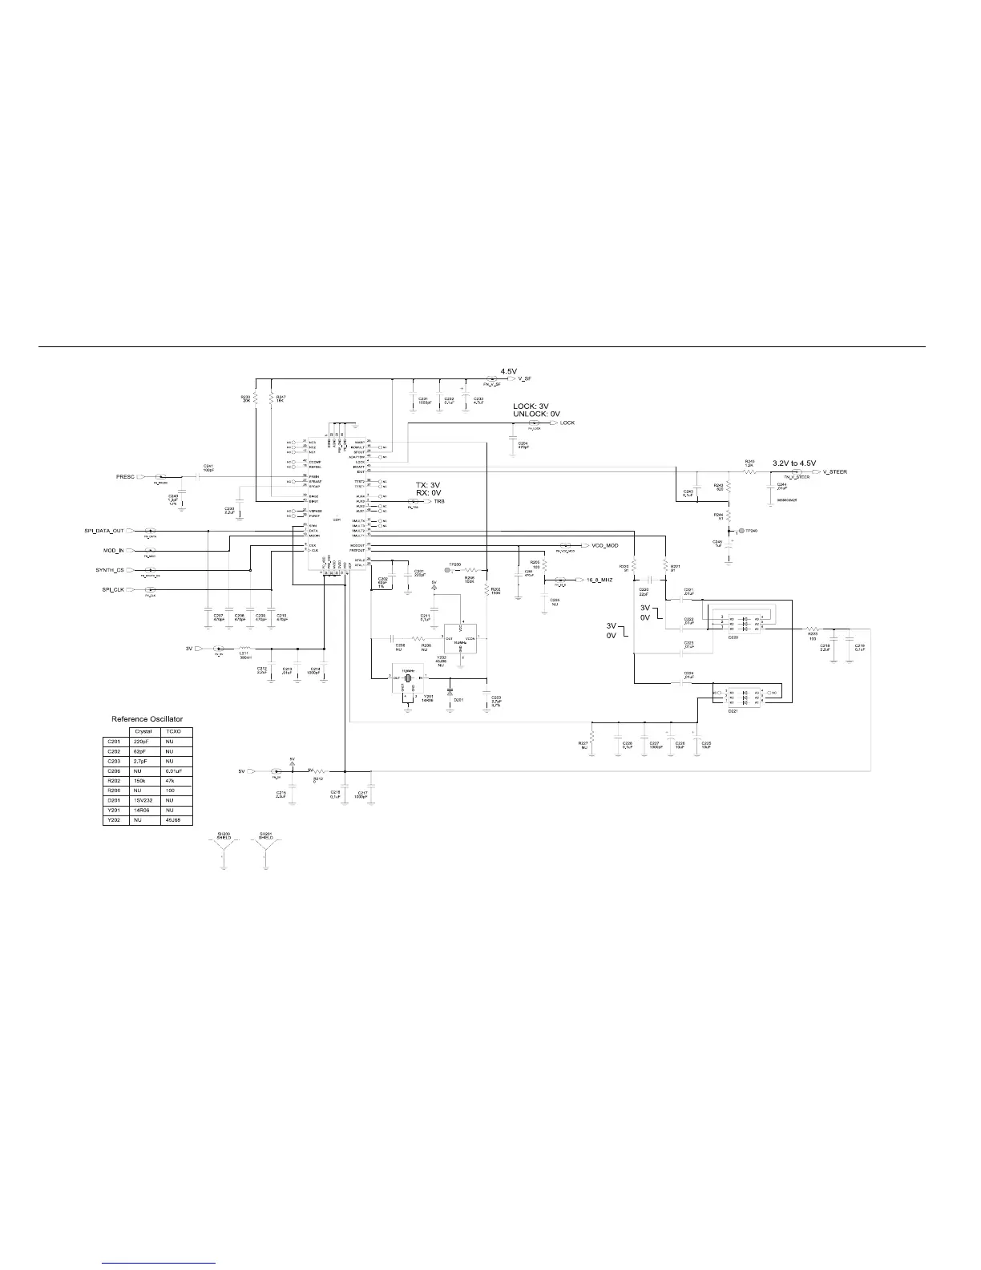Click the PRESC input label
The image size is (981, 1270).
click(x=126, y=477)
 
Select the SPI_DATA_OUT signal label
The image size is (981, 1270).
click(x=105, y=531)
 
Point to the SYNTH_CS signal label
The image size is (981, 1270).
click(x=110, y=570)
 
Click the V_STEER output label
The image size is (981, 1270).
click(x=834, y=472)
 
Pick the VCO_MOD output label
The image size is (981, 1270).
click(x=605, y=545)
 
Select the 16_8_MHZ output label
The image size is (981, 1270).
click(x=599, y=579)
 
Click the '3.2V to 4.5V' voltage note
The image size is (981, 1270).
click(x=793, y=463)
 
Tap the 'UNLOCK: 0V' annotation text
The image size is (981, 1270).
click(x=536, y=414)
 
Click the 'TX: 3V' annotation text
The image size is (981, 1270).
click(x=428, y=485)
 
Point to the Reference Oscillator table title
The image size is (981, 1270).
click(x=147, y=719)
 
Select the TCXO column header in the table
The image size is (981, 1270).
click(x=172, y=732)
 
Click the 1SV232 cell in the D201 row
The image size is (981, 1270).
click(x=143, y=799)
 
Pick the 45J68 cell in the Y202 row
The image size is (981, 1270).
click(x=172, y=820)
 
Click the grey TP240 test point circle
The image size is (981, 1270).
click(x=741, y=531)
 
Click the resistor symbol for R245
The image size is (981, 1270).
click(x=750, y=472)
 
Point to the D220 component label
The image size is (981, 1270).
click(x=733, y=637)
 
